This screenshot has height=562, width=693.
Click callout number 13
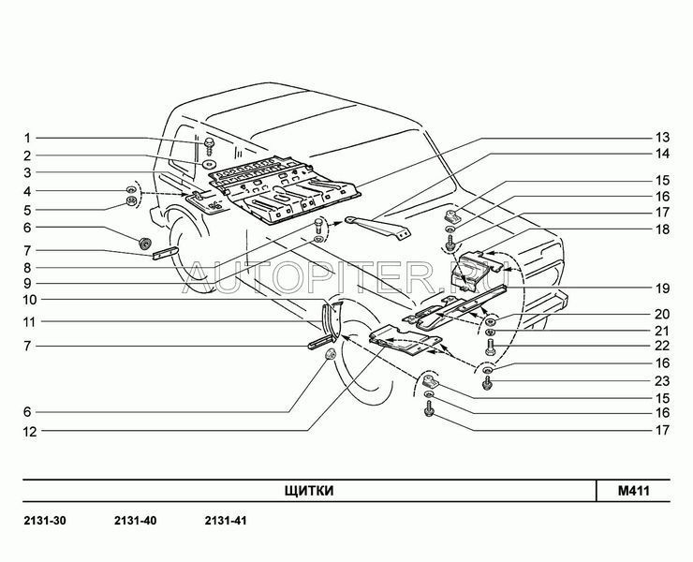[x=662, y=138]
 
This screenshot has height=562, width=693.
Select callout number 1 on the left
[x=27, y=139]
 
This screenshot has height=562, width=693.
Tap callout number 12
[x=30, y=432]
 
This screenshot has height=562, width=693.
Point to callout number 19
[x=662, y=288]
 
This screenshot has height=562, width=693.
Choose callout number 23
[x=662, y=380]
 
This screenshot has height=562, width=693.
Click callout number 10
[x=30, y=300]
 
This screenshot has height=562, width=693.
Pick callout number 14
[x=662, y=154]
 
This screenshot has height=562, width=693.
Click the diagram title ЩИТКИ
[x=308, y=491]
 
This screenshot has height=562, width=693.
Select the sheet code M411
[x=634, y=491]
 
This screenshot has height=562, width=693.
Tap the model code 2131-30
[x=45, y=521]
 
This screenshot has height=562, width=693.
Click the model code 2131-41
[x=226, y=521]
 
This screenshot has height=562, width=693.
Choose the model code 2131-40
[x=135, y=521]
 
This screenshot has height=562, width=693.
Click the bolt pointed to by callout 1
[x=209, y=145]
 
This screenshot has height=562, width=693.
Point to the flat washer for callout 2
[x=209, y=165]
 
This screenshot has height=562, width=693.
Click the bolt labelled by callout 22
[x=490, y=347]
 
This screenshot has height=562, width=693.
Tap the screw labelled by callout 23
[x=488, y=382]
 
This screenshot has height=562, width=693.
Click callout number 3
[x=27, y=172]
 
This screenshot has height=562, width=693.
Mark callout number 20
[x=662, y=314]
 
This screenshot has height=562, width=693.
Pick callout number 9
[x=27, y=283]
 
